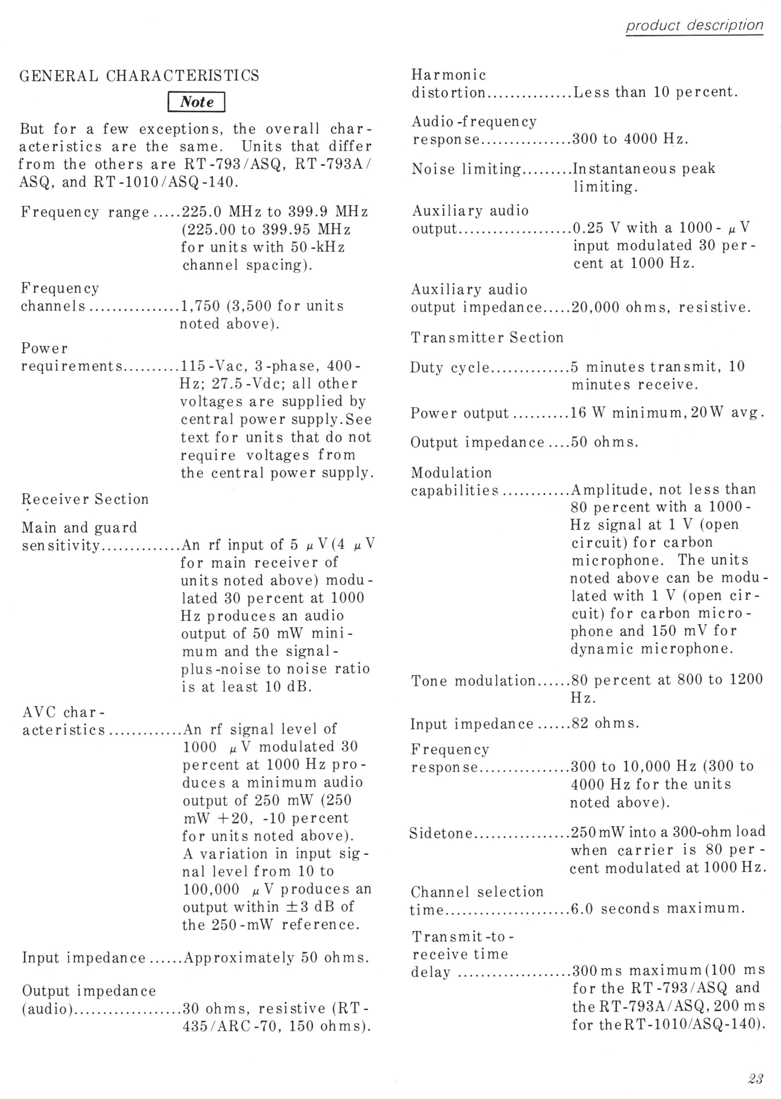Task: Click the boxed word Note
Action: tap(196, 102)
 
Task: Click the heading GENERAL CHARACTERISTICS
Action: tap(139, 76)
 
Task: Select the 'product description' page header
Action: tap(695, 25)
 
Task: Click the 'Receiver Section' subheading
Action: tap(85, 499)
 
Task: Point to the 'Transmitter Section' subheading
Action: tap(487, 338)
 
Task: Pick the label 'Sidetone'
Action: tap(441, 833)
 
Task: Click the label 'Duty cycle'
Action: tap(449, 367)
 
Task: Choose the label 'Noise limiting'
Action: tap(466, 169)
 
